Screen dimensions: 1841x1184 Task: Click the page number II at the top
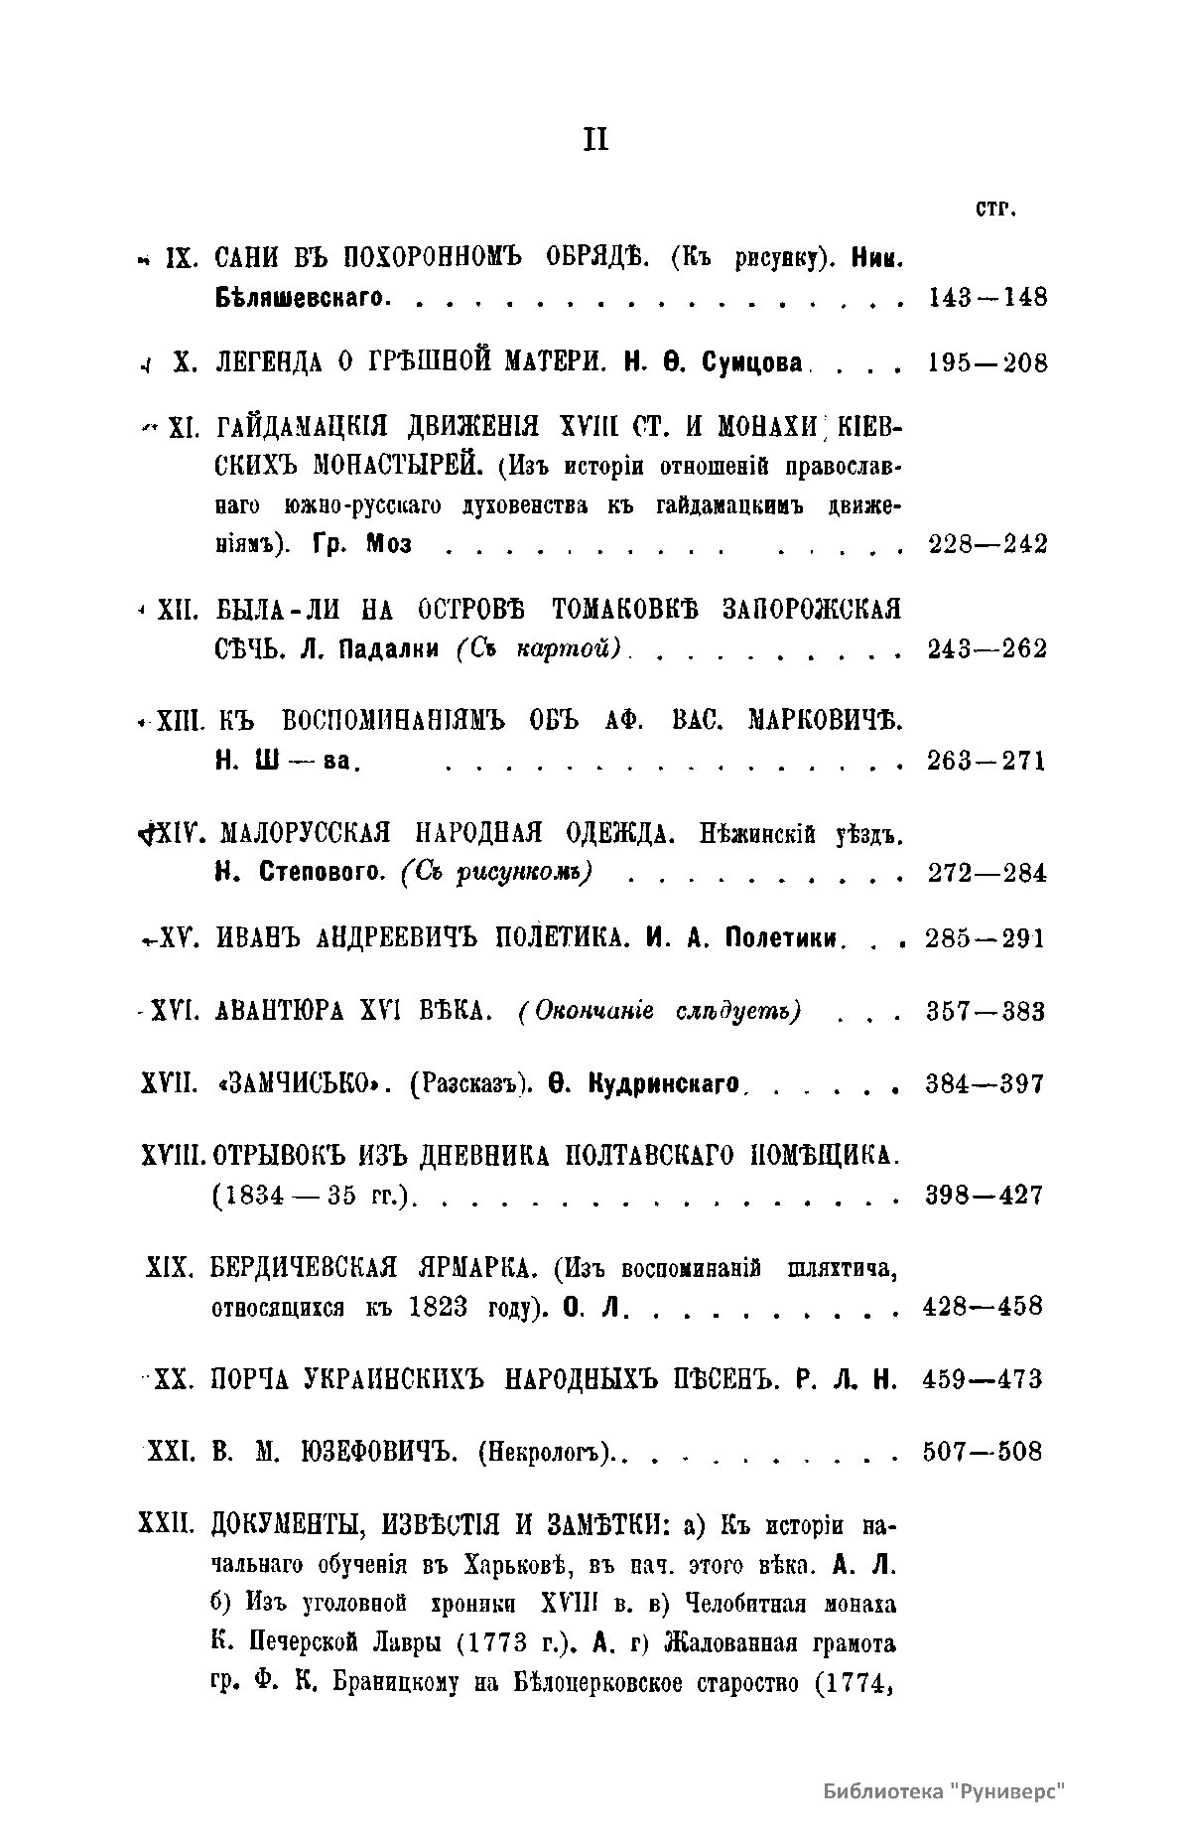click(594, 142)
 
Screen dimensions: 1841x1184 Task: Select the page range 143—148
click(987, 297)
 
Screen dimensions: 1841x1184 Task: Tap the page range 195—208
click(987, 363)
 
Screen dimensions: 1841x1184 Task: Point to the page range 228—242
click(987, 544)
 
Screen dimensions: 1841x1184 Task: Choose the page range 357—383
click(985, 1012)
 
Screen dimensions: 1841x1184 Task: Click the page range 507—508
click(983, 1452)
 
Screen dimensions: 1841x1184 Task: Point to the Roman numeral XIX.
click(168, 1268)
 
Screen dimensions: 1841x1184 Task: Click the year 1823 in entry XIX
click(437, 1307)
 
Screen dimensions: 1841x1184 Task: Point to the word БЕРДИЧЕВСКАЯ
click(304, 1268)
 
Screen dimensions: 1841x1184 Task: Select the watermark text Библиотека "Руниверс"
click(943, 1791)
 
